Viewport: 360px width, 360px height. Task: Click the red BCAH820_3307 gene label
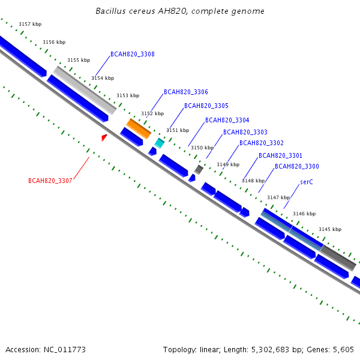pos(50,181)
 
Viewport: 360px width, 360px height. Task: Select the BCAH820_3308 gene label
pos(133,55)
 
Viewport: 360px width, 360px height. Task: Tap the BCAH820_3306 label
pos(186,92)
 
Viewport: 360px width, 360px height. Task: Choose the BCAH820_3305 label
pos(206,106)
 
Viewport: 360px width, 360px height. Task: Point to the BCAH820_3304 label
pos(227,121)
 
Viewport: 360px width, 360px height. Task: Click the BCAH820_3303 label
pos(245,132)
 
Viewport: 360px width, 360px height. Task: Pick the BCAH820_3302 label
pos(262,143)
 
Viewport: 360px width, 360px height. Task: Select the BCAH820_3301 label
pos(280,156)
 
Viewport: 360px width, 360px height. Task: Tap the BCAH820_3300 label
pos(297,167)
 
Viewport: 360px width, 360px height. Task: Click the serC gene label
pos(307,182)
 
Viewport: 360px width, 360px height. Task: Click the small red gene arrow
pos(104,138)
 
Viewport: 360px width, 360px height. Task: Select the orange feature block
pos(138,128)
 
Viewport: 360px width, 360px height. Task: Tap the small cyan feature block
pos(159,143)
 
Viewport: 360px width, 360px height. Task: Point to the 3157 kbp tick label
pos(30,24)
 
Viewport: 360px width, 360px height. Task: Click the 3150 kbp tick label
pos(202,148)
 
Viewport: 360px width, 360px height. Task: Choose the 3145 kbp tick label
pos(330,229)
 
